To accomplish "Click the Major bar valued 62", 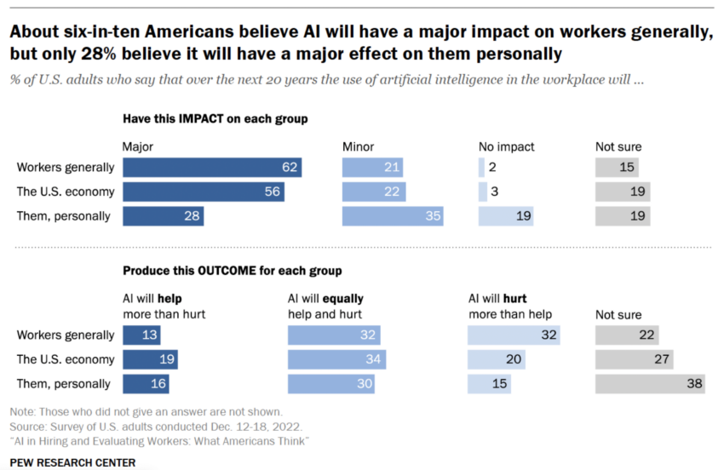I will coord(213,167).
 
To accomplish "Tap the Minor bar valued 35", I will coord(394,215).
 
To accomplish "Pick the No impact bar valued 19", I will coord(506,215).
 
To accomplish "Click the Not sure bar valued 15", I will coord(617,167).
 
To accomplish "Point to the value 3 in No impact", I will coord(494,192).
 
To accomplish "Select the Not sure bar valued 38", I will coord(650,383).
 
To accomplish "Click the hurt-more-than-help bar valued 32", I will coord(514,335).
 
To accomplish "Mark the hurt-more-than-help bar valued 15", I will coord(489,383).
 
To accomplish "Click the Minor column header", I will coord(358,146).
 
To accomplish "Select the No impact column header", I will coord(507,146).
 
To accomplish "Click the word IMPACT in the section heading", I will coord(203,119).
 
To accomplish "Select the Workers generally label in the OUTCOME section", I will coord(65,335).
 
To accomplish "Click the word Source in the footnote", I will coord(26,424).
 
